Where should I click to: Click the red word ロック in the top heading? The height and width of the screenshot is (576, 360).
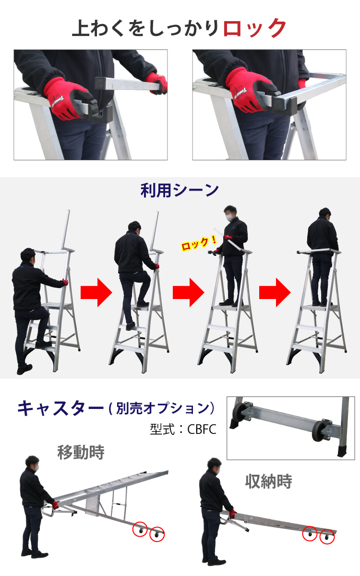pos(254,28)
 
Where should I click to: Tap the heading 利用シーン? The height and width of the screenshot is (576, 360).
pos(180,191)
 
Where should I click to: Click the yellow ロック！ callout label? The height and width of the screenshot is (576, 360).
pos(199,243)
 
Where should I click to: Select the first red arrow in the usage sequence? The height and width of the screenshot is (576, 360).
pos(96,292)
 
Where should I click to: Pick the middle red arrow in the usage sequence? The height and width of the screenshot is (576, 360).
pos(189,292)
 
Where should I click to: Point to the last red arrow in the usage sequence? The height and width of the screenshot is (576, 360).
pos(275,292)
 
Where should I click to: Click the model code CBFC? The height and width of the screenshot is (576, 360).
pos(202,429)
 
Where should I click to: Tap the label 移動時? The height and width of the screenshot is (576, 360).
pos(81,453)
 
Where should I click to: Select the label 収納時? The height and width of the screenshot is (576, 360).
pos(268,481)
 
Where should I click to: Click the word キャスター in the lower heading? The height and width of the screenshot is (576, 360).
pos(60,408)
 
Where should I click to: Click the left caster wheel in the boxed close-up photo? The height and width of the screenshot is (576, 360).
pos(239,411)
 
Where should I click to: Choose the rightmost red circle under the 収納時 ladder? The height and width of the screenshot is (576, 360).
pos(327,537)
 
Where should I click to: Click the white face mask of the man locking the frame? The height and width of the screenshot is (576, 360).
pos(228,217)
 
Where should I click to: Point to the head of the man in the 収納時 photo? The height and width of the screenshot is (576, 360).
pos(214,466)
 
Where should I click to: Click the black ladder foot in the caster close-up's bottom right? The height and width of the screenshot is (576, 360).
pos(342,451)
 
